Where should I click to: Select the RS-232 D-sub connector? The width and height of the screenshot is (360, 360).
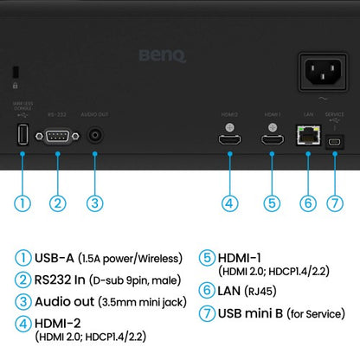pos(57,135)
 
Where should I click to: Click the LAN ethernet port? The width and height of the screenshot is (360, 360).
pos(307,134)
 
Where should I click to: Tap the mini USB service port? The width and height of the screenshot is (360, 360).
pos(334,137)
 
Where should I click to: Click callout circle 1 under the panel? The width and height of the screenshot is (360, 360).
pos(22,204)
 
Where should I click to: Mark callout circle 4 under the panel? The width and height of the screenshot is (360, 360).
pos(229,204)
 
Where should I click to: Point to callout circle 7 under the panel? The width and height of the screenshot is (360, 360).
pos(334,204)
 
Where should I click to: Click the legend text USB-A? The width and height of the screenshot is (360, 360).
pos(55,257)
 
